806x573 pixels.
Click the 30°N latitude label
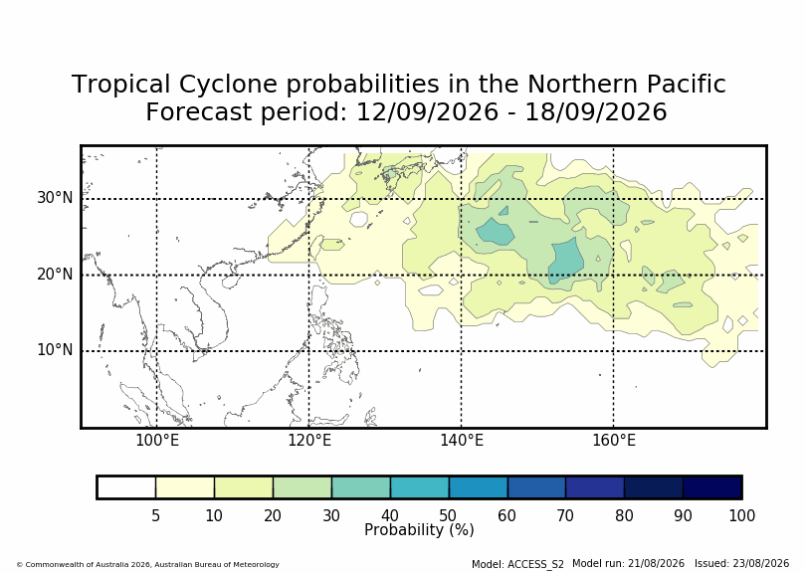click(55, 198)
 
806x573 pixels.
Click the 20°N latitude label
click(55, 275)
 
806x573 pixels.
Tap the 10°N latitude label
click(55, 350)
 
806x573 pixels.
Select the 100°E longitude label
click(157, 441)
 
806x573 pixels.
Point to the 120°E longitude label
click(309, 441)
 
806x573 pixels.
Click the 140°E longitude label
click(462, 441)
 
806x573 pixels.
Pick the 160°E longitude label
click(614, 441)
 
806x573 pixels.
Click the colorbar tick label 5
click(156, 515)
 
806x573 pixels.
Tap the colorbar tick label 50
click(448, 515)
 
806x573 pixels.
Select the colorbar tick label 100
click(741, 515)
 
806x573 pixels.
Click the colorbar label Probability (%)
click(419, 530)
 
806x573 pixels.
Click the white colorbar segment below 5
click(126, 487)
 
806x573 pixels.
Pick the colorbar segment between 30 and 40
click(361, 487)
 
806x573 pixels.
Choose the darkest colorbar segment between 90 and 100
click(711, 487)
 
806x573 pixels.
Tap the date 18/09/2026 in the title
click(595, 112)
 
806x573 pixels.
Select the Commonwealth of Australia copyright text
click(148, 564)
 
